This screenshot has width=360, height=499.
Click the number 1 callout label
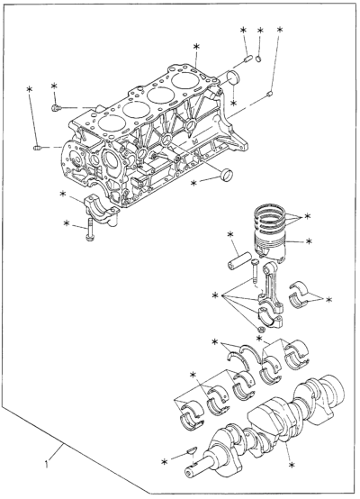(47, 464)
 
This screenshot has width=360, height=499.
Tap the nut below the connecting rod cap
(260, 329)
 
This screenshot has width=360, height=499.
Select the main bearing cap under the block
(102, 211)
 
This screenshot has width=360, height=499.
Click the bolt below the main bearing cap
(90, 230)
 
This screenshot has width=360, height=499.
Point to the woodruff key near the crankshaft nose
(192, 450)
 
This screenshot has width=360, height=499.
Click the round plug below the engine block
(226, 174)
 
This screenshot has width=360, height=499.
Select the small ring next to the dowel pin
(259, 59)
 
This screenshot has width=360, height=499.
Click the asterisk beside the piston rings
(307, 216)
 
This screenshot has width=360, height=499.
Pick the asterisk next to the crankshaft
(292, 466)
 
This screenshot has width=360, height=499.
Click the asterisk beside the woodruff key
(165, 462)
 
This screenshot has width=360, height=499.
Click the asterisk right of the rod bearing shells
(328, 299)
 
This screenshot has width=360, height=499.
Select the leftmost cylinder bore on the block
(111, 122)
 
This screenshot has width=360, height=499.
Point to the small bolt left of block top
(55, 108)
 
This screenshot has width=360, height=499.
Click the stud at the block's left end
(38, 148)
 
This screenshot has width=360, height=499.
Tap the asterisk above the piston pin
(230, 234)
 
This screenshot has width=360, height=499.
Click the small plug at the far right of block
(270, 94)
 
